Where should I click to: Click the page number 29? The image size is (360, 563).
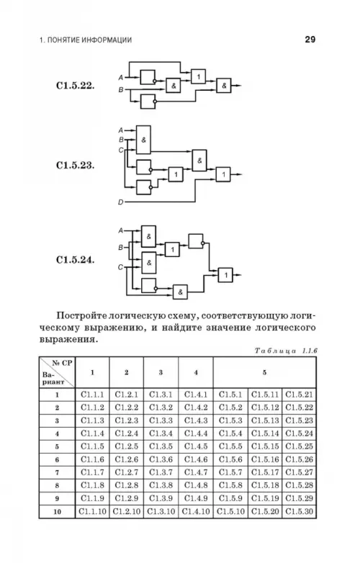[x=310, y=40]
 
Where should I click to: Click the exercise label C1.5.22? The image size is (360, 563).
[x=75, y=86]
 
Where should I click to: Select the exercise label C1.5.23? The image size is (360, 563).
[x=75, y=165]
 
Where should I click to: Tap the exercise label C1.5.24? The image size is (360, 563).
[x=75, y=260]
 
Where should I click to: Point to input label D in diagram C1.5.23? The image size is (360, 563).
[x=120, y=202]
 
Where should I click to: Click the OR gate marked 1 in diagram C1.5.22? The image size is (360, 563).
[x=198, y=76]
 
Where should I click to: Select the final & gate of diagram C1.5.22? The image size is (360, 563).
[x=224, y=86]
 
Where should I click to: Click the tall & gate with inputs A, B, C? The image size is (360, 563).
[x=143, y=140]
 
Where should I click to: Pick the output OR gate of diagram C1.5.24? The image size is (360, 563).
[x=225, y=275]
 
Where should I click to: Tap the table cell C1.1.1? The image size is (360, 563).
[x=92, y=395]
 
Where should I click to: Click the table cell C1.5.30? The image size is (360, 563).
[x=299, y=511]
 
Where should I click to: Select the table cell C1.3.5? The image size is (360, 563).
[x=161, y=446]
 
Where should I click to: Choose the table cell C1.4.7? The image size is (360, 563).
[x=196, y=472]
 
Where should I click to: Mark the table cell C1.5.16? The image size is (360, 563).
[x=265, y=459]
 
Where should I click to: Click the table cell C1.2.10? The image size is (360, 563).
[x=126, y=511]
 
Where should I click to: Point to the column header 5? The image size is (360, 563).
[x=264, y=372]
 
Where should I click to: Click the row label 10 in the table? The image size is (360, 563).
[x=57, y=511]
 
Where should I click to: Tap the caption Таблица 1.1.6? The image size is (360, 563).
[x=286, y=351]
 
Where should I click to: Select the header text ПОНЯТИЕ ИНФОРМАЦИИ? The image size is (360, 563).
[x=89, y=40]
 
